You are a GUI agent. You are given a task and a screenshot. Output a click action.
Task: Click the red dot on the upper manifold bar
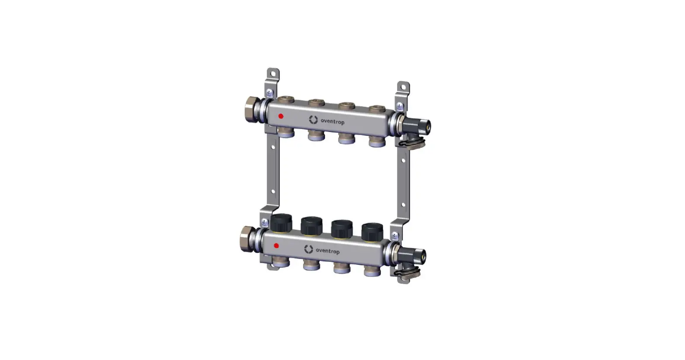point(281,116)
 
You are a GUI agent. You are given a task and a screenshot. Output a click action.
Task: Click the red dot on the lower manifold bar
point(276,246)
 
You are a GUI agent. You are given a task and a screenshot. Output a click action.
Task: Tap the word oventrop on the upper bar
point(332,121)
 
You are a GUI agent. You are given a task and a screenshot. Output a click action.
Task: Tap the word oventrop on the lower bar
point(327,251)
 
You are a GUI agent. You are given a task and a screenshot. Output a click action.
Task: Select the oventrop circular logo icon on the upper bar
point(313,119)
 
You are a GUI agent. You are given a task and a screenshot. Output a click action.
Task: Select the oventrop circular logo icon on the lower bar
point(308,249)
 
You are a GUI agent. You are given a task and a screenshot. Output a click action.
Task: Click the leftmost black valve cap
point(281,223)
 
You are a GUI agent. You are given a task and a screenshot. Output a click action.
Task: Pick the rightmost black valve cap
point(372,232)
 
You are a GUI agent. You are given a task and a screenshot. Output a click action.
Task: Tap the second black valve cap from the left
point(311,226)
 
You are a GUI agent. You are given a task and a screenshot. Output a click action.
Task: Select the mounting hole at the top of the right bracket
point(403,87)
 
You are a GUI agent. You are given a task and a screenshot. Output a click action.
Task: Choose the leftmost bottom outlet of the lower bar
point(280,262)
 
